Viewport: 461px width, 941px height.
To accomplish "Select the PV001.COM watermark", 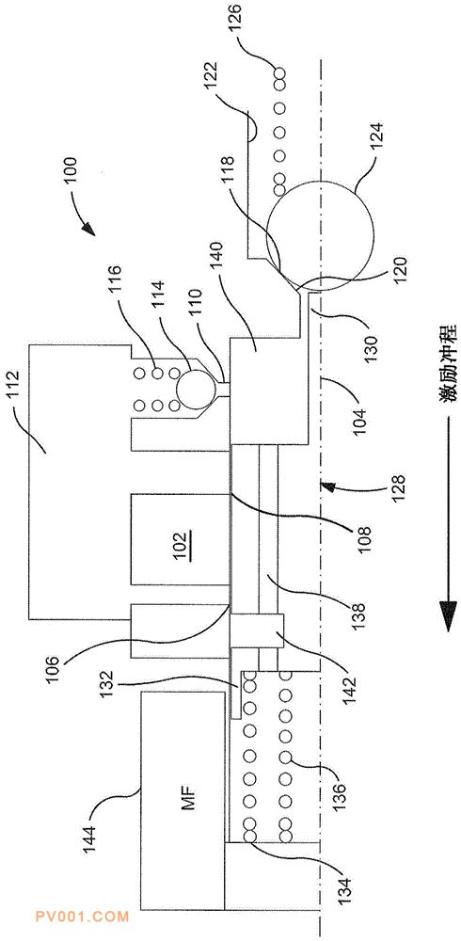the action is tap(82, 917).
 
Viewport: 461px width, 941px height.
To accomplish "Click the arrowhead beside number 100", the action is tap(87, 229).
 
